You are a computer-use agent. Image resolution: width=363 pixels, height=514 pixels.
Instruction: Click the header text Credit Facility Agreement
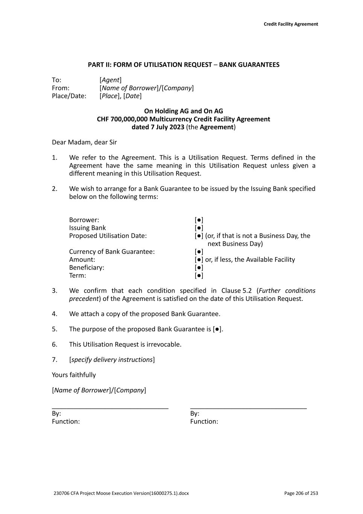point(290,24)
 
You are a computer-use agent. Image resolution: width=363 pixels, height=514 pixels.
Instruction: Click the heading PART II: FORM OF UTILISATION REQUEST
point(150,65)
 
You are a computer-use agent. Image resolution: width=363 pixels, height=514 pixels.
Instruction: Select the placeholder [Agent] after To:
point(111,80)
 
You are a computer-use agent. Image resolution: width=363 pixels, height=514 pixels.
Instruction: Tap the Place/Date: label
point(69,96)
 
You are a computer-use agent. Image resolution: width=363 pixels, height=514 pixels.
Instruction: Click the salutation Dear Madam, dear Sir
point(84,142)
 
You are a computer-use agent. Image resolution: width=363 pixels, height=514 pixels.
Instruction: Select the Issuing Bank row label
point(87,228)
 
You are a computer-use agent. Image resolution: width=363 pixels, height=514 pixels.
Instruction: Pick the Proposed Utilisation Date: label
point(108,236)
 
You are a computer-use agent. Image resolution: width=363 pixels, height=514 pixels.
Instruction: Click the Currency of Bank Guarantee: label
point(112,252)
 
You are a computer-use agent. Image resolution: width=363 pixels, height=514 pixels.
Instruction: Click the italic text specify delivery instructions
point(112,360)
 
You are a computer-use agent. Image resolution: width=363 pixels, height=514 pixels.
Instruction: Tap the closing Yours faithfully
point(74,375)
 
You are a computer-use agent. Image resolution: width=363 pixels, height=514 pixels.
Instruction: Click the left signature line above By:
point(110,408)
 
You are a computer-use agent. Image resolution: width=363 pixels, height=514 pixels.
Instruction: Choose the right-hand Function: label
point(204,422)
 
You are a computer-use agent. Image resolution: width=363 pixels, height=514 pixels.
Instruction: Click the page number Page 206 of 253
point(301,493)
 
